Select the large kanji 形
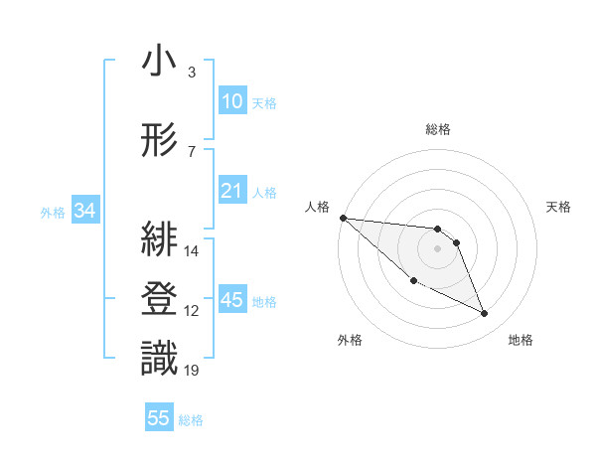pos(159,140)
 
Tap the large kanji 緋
pos(159,239)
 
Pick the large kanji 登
pos(159,299)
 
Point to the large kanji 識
pos(159,359)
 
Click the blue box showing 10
pos(232,101)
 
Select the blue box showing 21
pos(232,191)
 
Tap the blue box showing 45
pos(232,300)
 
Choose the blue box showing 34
pos(84,211)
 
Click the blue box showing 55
pos(159,418)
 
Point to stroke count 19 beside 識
pos(192,371)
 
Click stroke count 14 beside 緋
pos(192,251)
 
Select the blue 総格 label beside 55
pos(191,420)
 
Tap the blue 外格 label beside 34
pos(54,212)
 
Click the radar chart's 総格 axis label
pos(438,129)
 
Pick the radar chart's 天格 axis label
pos(559,207)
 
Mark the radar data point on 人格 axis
pos(343,218)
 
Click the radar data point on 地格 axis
pos(485,314)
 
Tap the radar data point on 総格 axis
pos(438,230)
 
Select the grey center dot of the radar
pos(438,248)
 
